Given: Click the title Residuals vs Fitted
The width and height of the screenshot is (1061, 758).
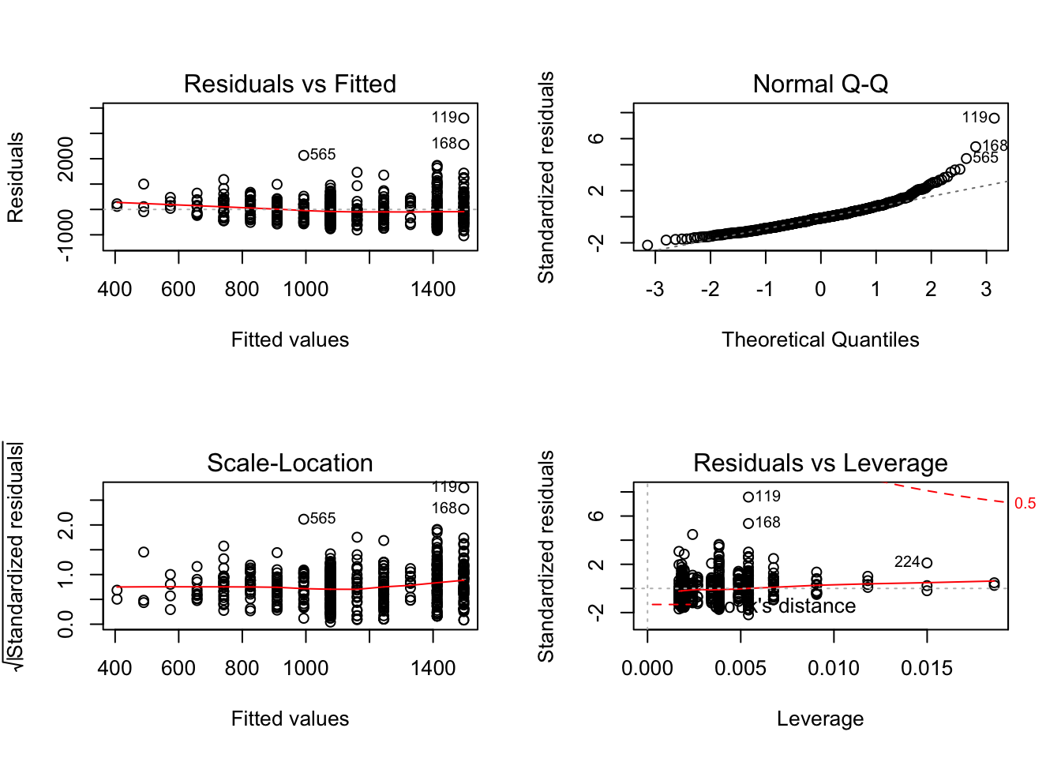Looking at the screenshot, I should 290,84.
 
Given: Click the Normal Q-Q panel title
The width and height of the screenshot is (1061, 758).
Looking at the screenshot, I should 820,84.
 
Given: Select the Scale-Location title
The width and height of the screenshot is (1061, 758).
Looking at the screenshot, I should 290,463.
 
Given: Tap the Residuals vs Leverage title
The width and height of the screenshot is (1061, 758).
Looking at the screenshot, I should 820,463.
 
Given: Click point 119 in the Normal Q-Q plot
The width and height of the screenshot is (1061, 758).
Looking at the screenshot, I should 994,118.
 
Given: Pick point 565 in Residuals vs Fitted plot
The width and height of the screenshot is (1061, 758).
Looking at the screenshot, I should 304,156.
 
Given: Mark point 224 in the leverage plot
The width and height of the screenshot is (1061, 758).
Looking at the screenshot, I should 927,563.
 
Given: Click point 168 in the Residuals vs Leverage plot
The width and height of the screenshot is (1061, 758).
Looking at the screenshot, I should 748,523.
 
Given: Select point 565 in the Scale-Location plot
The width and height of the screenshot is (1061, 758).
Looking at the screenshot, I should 304,520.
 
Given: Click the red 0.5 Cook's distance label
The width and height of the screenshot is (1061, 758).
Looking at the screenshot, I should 1025,504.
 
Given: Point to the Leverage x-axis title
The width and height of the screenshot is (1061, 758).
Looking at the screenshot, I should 820,719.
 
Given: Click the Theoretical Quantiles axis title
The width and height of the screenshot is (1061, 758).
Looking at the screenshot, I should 820,340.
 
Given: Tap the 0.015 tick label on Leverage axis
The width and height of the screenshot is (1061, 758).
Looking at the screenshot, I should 927,668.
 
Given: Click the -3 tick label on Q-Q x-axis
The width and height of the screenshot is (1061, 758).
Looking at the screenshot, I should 654,289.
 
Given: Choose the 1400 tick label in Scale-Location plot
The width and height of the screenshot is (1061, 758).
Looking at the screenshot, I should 433,668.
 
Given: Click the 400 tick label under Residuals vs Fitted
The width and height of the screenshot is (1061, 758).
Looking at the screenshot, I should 115,289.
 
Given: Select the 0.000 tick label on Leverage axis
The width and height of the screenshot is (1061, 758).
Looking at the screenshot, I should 647,668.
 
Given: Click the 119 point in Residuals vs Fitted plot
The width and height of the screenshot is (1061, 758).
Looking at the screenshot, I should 463,118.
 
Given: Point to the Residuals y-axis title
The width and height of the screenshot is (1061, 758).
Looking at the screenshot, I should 16,177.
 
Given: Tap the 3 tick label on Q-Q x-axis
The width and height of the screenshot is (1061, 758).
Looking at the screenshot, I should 986,289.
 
